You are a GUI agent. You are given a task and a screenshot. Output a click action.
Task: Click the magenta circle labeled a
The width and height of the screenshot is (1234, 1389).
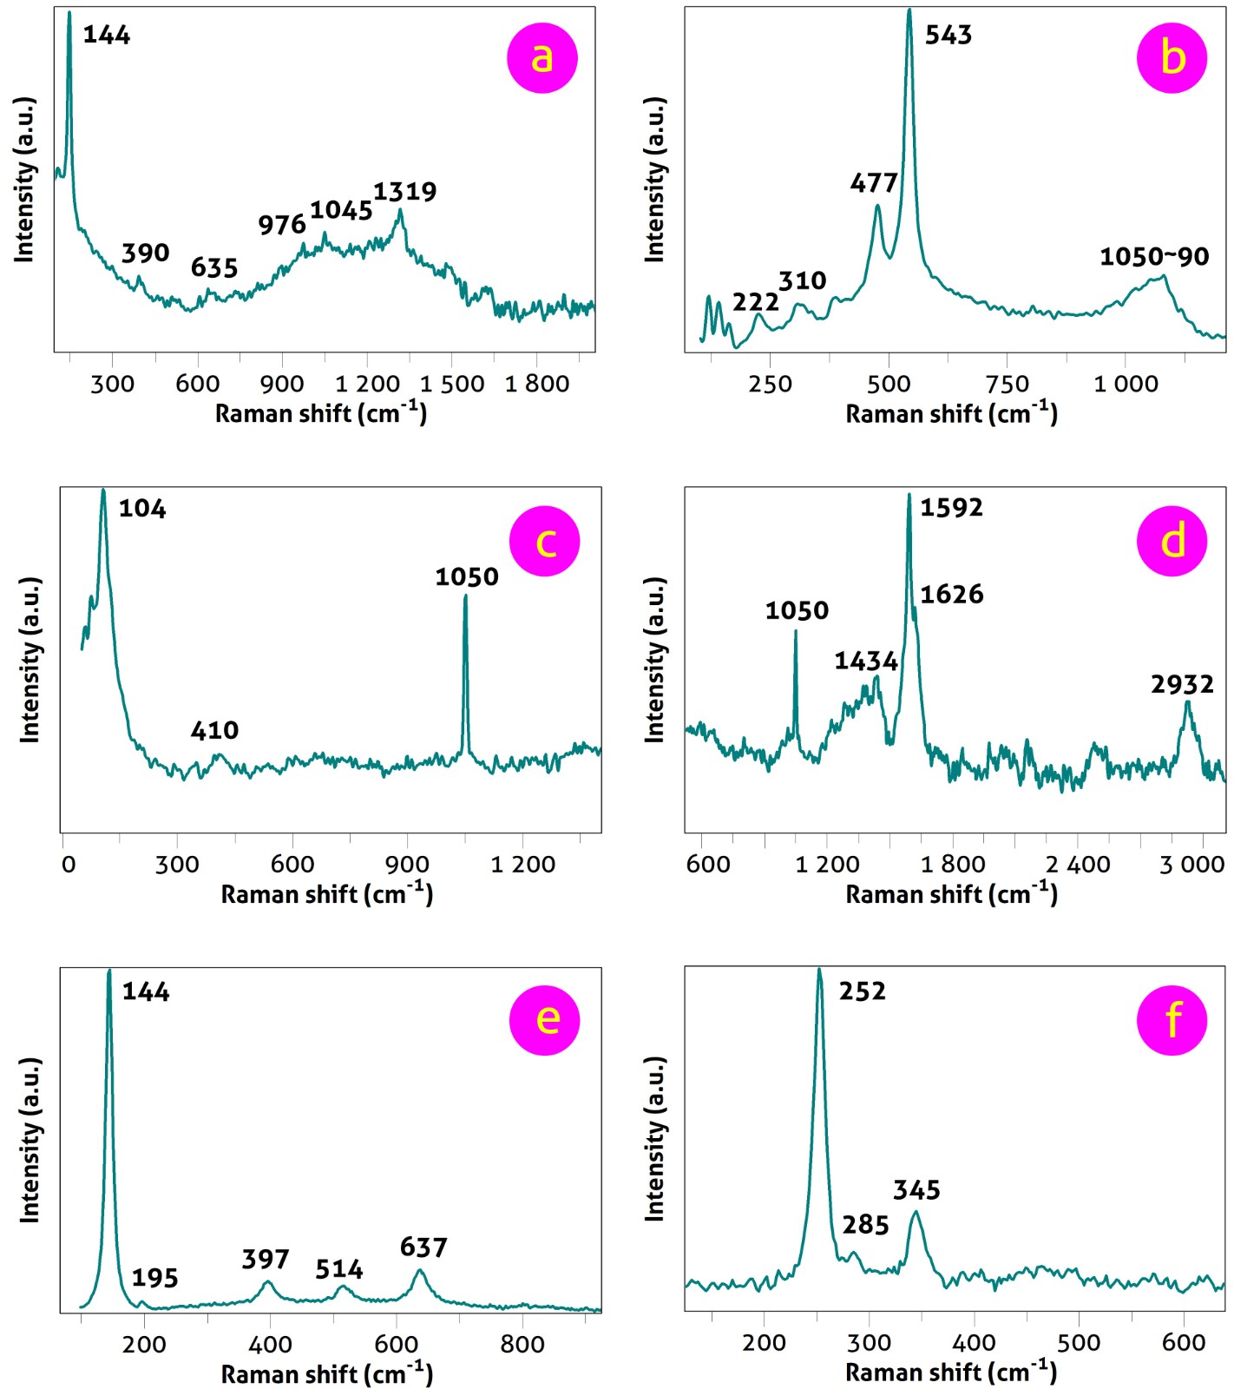(x=542, y=57)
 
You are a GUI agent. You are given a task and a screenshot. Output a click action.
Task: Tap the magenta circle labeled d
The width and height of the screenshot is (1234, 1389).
(x=1172, y=541)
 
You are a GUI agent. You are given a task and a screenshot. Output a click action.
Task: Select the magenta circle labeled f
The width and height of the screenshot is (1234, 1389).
(x=1172, y=1019)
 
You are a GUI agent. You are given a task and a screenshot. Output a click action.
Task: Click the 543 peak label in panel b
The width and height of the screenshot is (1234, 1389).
(x=948, y=36)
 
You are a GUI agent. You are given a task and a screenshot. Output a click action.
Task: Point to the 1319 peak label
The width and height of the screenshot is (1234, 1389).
(x=405, y=192)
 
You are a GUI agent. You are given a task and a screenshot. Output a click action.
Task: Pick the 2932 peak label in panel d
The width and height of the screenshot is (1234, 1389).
(x=1182, y=685)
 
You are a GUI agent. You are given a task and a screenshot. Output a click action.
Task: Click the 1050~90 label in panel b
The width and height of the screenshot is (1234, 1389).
(x=1154, y=257)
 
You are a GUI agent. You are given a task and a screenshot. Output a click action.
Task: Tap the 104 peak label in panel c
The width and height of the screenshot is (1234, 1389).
(x=142, y=509)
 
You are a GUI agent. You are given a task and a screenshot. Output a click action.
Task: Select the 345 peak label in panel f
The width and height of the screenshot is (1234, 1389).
(x=917, y=1190)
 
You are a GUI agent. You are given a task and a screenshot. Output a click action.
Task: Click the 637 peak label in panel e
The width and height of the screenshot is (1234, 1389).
(x=423, y=1247)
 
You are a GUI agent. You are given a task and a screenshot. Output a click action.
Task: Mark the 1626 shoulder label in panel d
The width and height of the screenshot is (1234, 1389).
(x=952, y=595)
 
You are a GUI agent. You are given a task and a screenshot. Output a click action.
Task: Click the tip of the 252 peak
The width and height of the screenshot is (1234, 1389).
(x=819, y=970)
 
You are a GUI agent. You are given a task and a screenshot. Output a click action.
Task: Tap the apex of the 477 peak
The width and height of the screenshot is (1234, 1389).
(x=877, y=206)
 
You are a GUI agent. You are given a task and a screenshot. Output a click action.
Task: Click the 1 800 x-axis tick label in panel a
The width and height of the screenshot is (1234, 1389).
(x=537, y=384)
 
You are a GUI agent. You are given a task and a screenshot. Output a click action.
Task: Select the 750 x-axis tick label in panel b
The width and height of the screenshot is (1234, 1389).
(x=1007, y=384)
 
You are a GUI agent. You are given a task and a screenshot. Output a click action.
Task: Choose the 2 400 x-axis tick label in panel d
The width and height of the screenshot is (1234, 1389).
(x=1078, y=865)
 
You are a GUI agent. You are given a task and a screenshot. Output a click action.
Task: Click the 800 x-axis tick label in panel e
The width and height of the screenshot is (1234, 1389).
(x=522, y=1345)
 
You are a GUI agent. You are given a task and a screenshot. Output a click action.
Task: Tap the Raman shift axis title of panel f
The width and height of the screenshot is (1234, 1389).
(x=951, y=1373)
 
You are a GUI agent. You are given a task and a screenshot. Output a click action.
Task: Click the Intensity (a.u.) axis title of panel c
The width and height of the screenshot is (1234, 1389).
(x=31, y=660)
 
